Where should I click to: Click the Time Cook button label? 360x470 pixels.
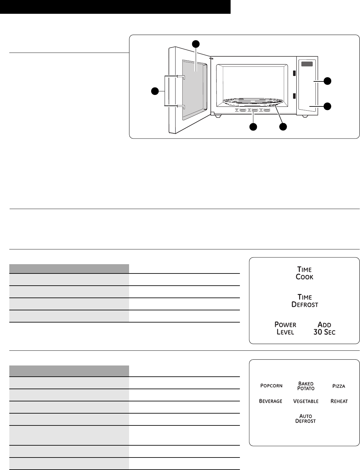304,273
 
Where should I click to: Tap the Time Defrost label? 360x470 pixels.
305,301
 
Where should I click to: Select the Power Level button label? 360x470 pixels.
285,328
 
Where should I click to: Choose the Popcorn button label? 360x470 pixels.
271,386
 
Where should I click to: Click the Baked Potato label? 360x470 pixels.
306,386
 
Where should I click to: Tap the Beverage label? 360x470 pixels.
271,401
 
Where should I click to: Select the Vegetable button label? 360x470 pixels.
306,401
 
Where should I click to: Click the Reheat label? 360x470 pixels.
339,401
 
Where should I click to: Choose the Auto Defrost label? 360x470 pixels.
306,418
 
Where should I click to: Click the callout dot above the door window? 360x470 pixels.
195,44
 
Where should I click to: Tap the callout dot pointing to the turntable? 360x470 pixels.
283,127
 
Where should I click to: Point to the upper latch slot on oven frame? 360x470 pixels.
293,73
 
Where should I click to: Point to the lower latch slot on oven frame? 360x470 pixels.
293,96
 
